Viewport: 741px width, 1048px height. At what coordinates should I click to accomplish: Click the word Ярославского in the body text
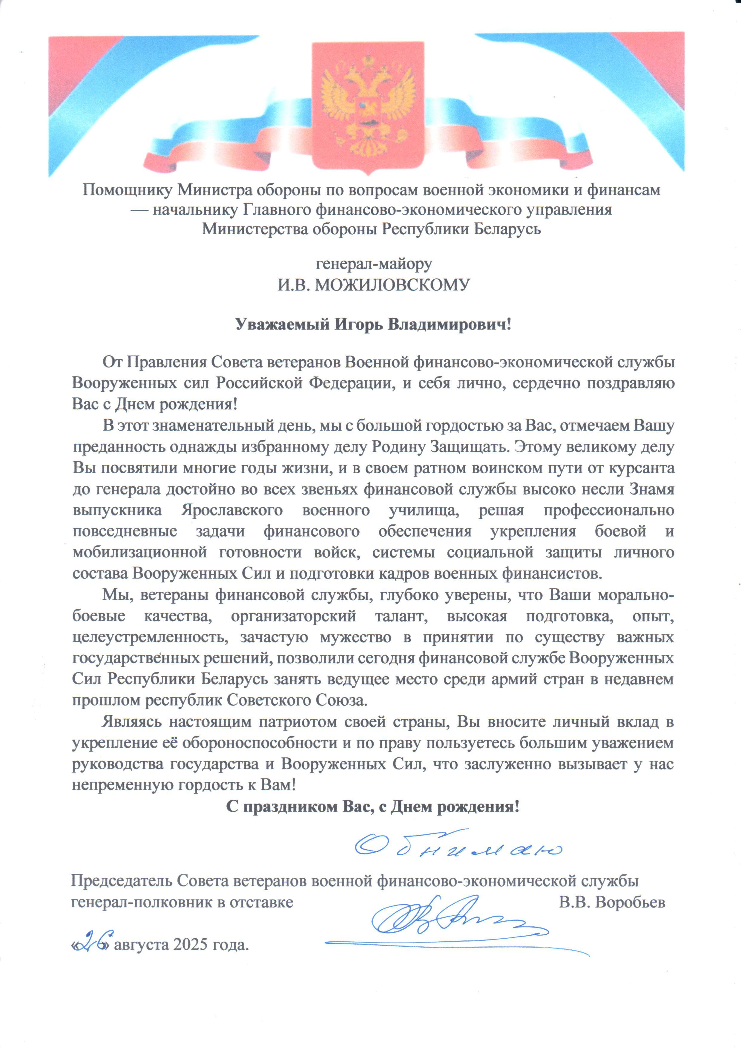pyautogui.click(x=232, y=510)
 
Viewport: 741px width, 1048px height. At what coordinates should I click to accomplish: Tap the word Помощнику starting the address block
pyautogui.click(x=127, y=189)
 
